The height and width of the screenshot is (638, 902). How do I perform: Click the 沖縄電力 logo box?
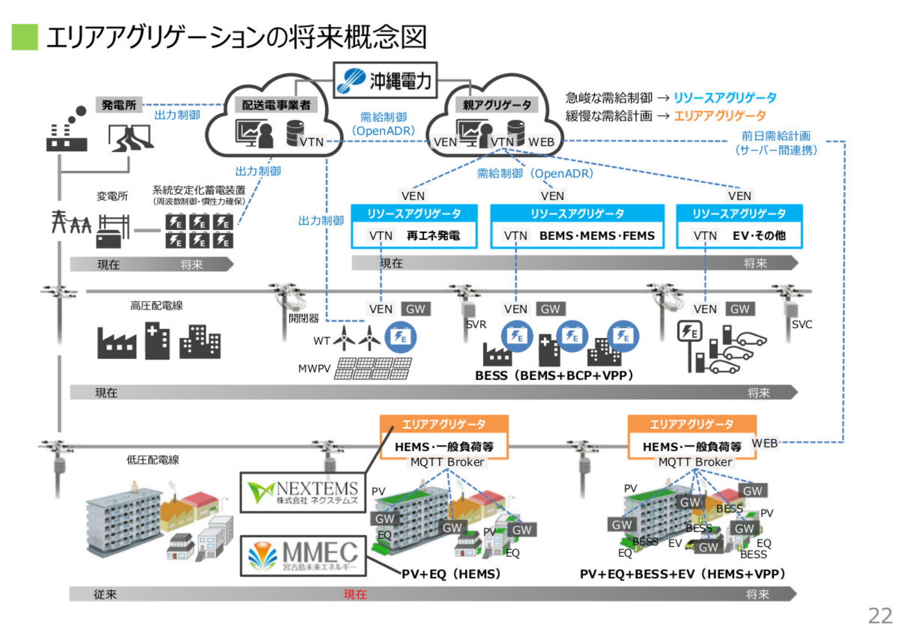[385, 80]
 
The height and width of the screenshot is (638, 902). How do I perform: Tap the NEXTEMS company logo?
[303, 492]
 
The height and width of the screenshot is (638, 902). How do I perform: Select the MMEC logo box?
[303, 556]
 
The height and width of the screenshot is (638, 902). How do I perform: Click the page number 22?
[880, 615]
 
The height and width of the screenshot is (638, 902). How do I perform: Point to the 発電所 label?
[119, 105]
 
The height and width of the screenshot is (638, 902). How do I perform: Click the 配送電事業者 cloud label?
[276, 105]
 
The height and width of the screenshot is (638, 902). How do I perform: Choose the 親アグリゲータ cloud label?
[497, 105]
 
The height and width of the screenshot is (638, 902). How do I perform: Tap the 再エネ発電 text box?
[433, 235]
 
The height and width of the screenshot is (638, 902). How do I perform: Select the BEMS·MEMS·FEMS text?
[597, 235]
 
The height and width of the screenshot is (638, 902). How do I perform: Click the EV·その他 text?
[759, 235]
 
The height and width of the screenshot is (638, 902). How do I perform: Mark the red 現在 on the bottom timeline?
[355, 594]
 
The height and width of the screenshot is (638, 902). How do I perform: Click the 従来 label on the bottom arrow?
[105, 594]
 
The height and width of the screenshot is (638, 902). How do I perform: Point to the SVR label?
[476, 324]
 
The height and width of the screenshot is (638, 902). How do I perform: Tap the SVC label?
[801, 324]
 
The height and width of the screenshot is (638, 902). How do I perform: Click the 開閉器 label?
[303, 318]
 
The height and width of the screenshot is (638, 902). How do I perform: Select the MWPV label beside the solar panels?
[314, 368]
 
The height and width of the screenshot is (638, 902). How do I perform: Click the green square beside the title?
[24, 37]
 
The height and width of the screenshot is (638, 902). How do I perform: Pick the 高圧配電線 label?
[156, 306]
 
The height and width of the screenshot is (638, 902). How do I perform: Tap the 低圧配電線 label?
[153, 459]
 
